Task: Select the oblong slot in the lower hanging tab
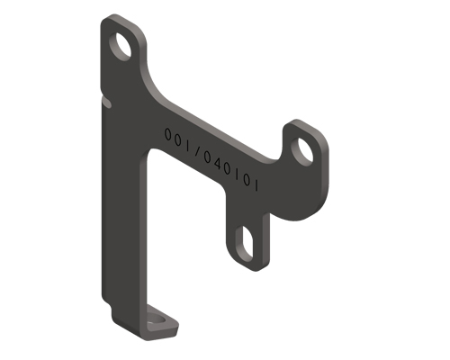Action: (x=246, y=243)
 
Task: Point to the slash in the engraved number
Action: (x=196, y=151)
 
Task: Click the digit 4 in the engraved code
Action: (x=219, y=164)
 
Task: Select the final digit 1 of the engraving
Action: (x=256, y=187)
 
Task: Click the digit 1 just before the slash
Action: (x=187, y=145)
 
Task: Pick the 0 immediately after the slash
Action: (x=208, y=158)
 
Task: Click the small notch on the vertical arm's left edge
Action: (x=106, y=104)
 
